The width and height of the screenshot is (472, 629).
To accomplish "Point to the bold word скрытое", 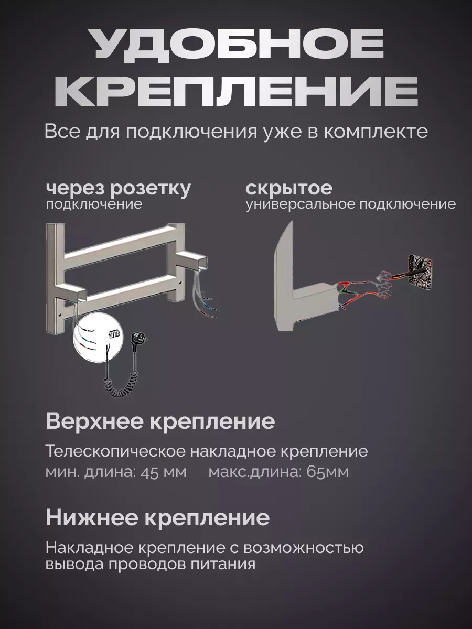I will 289,188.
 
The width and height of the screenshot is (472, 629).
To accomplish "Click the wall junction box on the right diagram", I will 422,271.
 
